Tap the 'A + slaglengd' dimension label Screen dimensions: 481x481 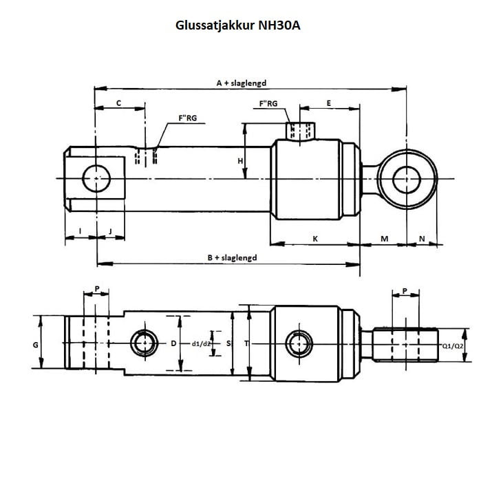241,83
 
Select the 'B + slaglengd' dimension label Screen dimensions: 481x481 232,257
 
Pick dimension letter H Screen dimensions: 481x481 240,160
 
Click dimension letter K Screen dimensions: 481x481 314,238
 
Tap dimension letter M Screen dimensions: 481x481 384,238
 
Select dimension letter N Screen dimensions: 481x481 422,238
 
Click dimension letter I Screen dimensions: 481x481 80,231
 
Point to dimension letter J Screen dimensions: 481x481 110,231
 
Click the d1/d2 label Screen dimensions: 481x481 202,343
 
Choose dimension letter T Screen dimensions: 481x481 246,343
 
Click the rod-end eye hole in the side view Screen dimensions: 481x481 406,180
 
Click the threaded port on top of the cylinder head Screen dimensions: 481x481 301,130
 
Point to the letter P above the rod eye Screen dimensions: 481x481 405,290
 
